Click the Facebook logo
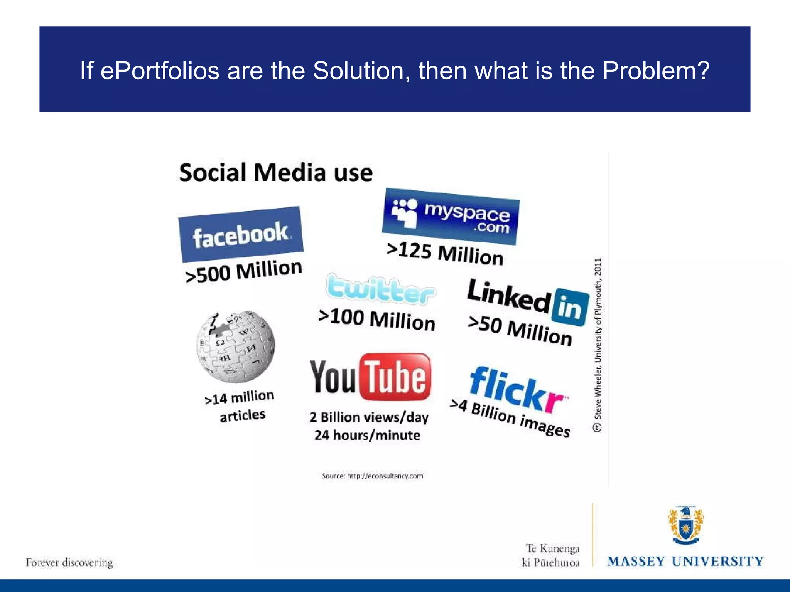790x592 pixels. [241, 234]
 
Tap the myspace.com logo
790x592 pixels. [451, 216]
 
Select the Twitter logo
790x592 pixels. [381, 290]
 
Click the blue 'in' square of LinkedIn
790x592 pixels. [570, 307]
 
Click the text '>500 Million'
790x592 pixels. [243, 271]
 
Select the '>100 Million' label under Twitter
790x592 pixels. [377, 320]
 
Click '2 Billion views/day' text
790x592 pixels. [369, 417]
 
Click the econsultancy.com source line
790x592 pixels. [372, 476]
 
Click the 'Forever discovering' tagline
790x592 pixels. [69, 563]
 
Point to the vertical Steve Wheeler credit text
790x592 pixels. [598, 343]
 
